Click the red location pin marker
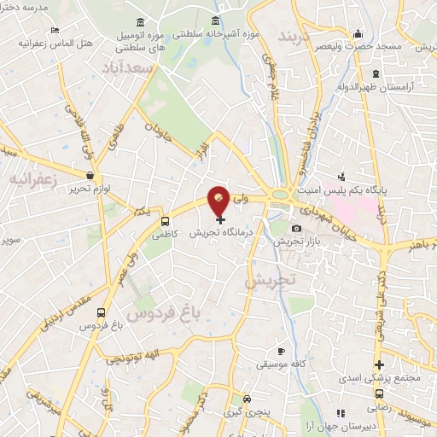click(x=220, y=199)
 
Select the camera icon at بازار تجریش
click(x=296, y=228)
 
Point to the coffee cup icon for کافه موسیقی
click(x=281, y=351)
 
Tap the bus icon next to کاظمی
click(x=165, y=223)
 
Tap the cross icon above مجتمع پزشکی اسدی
click(x=379, y=365)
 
